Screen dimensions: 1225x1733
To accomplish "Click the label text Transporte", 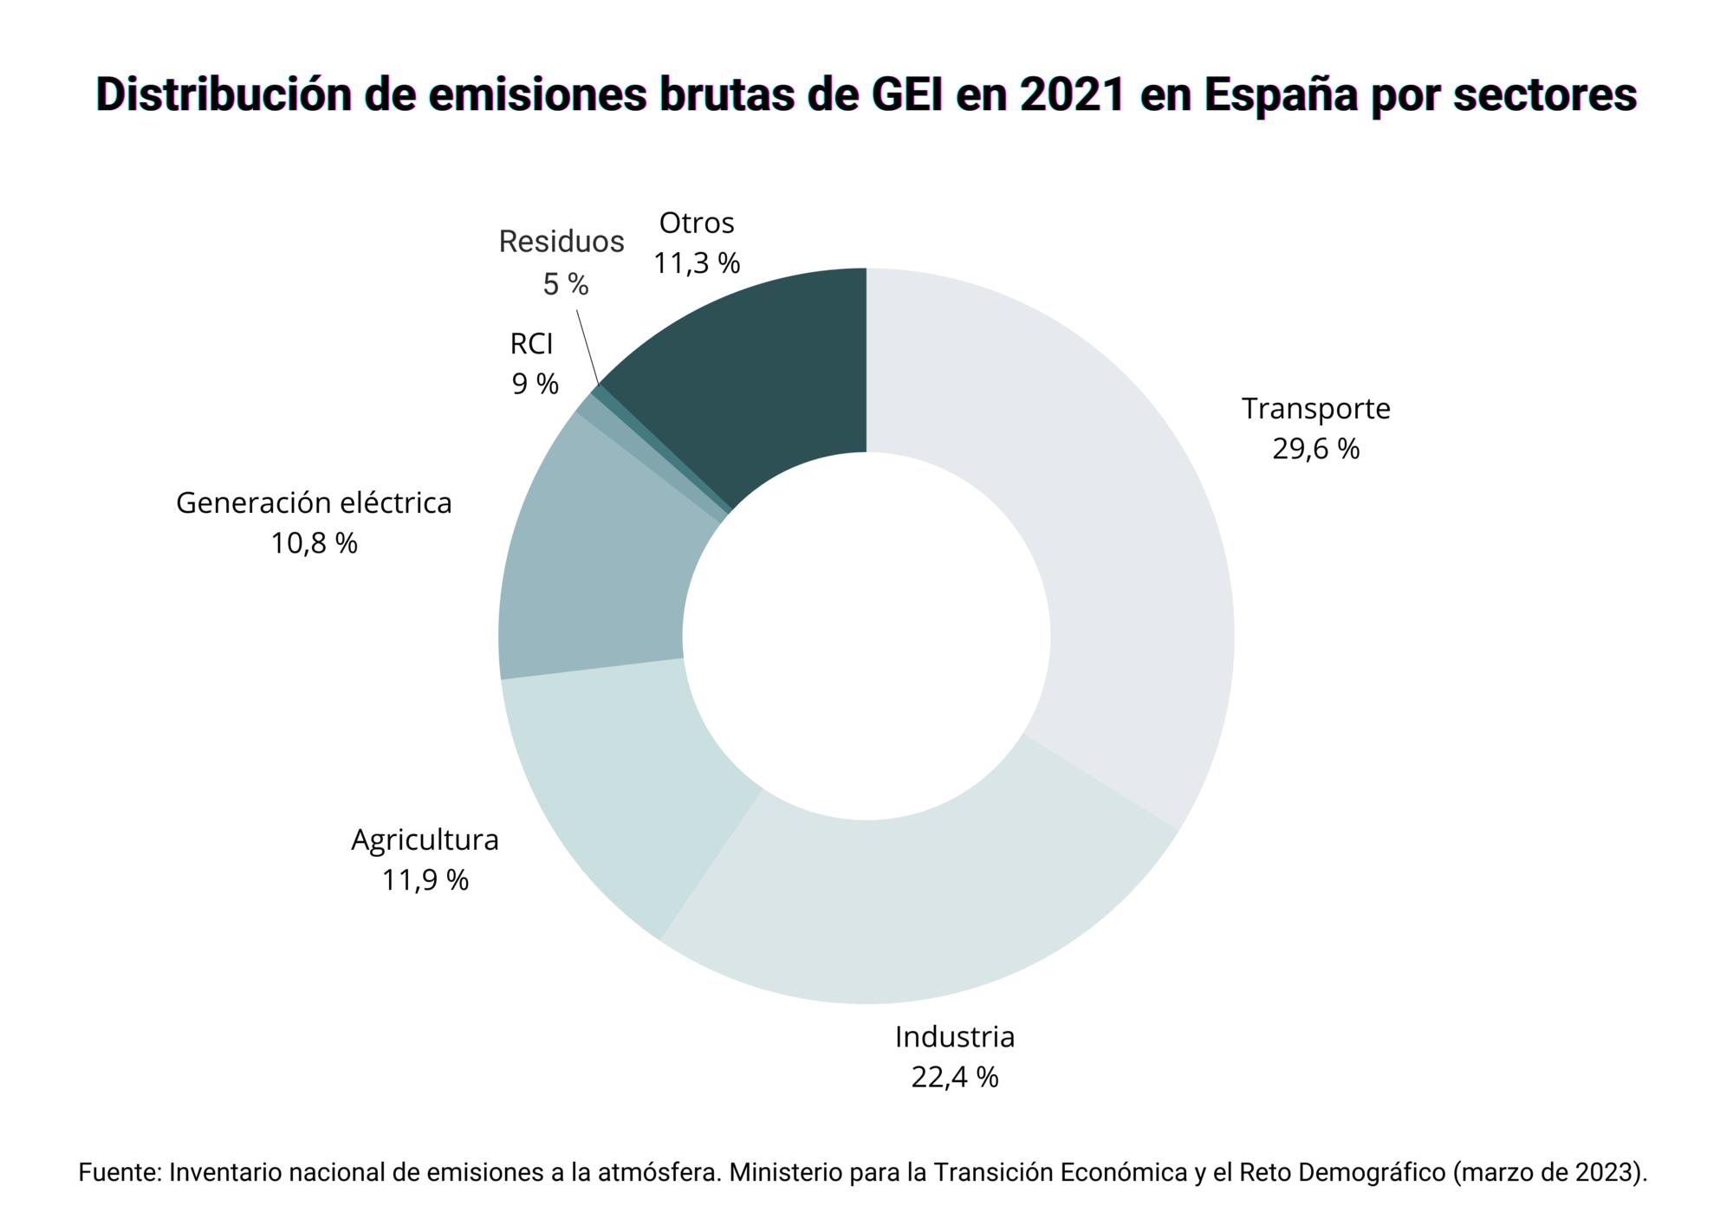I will tap(1315, 408).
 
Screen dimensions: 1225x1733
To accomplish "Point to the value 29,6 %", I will tap(1315, 449).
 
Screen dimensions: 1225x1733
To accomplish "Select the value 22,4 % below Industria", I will tap(954, 1077).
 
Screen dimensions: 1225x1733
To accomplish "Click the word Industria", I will tap(954, 1036).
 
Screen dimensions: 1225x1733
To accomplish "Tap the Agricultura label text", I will tap(425, 839).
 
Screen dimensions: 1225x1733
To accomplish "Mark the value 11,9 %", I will tap(425, 880).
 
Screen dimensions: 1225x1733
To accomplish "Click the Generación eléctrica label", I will tap(314, 502).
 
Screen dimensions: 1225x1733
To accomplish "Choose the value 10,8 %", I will tap(314, 543).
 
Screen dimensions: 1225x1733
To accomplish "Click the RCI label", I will tap(531, 344).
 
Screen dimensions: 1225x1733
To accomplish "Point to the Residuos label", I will tap(561, 242).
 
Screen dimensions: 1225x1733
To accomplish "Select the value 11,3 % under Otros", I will tap(697, 263).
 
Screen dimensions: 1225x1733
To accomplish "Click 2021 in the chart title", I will tap(1073, 95).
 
